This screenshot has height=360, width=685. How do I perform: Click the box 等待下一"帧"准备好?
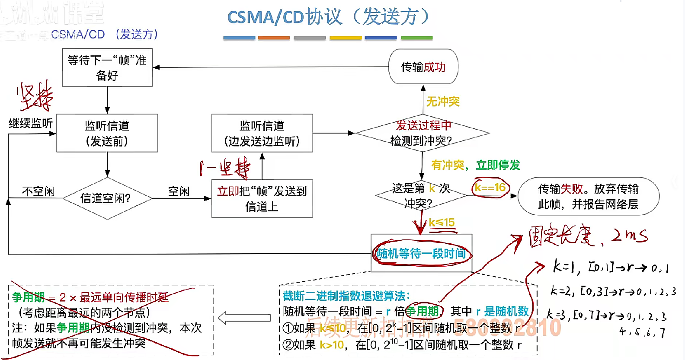pyautogui.click(x=107, y=67)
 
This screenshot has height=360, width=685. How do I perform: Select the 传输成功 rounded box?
pyautogui.click(x=423, y=67)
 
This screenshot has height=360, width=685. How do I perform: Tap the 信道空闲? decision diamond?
pyautogui.click(x=107, y=198)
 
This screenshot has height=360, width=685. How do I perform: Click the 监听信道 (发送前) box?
pyautogui.click(x=107, y=133)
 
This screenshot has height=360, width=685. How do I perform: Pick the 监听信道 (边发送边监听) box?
pyautogui.click(x=262, y=133)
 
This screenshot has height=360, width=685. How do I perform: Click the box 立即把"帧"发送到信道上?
pyautogui.click(x=262, y=198)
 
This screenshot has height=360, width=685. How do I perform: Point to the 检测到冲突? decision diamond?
pyautogui.click(x=422, y=133)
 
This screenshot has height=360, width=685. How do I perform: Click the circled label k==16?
pyautogui.click(x=490, y=188)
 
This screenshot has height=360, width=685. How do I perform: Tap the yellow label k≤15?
pyautogui.click(x=442, y=223)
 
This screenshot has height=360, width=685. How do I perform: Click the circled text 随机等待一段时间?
pyautogui.click(x=421, y=253)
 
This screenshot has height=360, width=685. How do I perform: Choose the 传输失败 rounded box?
pyautogui.click(x=588, y=196)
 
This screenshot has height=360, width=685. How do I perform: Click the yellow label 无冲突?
pyautogui.click(x=443, y=102)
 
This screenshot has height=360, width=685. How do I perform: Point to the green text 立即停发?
pyautogui.click(x=498, y=165)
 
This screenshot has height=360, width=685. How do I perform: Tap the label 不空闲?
pyautogui.click(x=38, y=191)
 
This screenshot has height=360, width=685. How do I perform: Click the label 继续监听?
pyautogui.click(x=31, y=124)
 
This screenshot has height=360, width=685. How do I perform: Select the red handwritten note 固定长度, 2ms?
pyautogui.click(x=588, y=236)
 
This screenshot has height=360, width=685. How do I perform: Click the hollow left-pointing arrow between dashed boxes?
pyautogui.click(x=244, y=318)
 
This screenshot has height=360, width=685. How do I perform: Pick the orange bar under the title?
pyautogui.click(x=274, y=38)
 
